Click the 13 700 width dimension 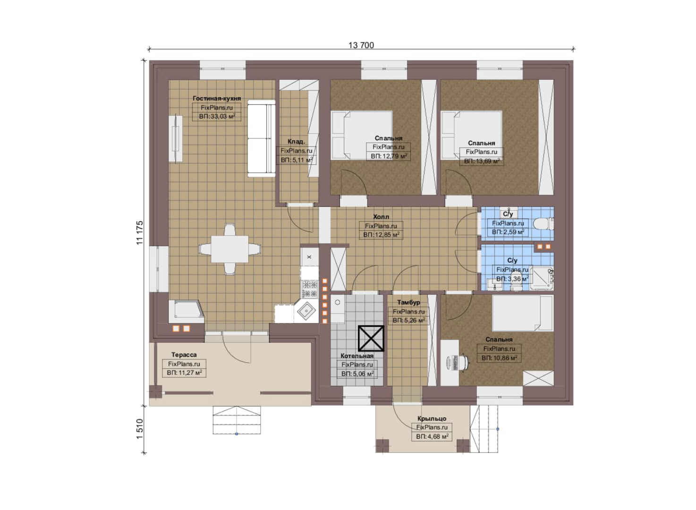pos(361,45)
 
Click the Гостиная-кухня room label pos(217,99)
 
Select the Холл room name pos(381,217)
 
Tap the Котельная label pos(356,356)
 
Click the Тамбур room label pos(408,302)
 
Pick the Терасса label pos(184,355)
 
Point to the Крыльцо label pos(432,419)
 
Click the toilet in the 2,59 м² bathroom pos(543,224)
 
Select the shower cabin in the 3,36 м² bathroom pos(541,278)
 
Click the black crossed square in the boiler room pos(371,339)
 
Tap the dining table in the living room pos(229,249)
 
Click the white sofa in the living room pos(261,139)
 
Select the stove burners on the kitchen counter pos(309,289)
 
